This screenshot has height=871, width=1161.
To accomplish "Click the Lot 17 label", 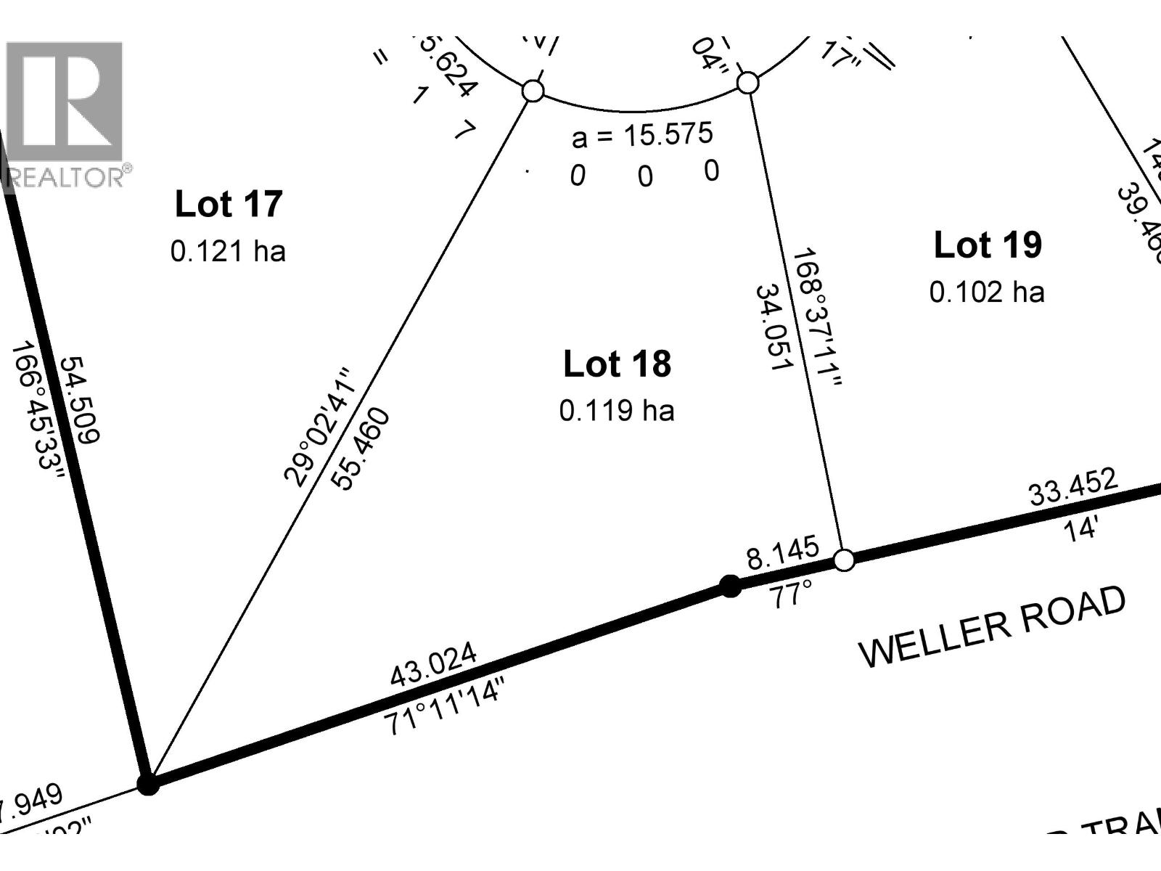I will (x=229, y=204).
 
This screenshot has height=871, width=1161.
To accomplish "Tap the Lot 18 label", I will (x=617, y=364).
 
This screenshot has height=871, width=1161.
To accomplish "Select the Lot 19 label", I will (x=988, y=245).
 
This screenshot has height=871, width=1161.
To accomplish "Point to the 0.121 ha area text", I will (x=228, y=252).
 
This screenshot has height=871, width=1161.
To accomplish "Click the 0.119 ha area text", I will (x=617, y=411).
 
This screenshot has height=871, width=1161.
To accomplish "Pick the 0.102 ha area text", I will (x=987, y=292).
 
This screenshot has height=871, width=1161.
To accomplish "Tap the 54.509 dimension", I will (x=79, y=399).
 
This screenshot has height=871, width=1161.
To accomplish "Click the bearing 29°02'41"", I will (x=319, y=426).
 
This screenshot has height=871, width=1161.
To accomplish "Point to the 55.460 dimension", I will (x=361, y=449).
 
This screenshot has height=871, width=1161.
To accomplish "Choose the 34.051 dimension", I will (x=772, y=327).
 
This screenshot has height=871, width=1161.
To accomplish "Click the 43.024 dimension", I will (x=434, y=664).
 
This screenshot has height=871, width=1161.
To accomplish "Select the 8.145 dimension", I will (x=782, y=554).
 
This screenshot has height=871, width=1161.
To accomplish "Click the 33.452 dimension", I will (x=1073, y=487).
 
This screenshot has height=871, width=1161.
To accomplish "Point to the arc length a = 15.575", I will (x=642, y=135).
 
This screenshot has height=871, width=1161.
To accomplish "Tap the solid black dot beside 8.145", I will (x=730, y=586).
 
